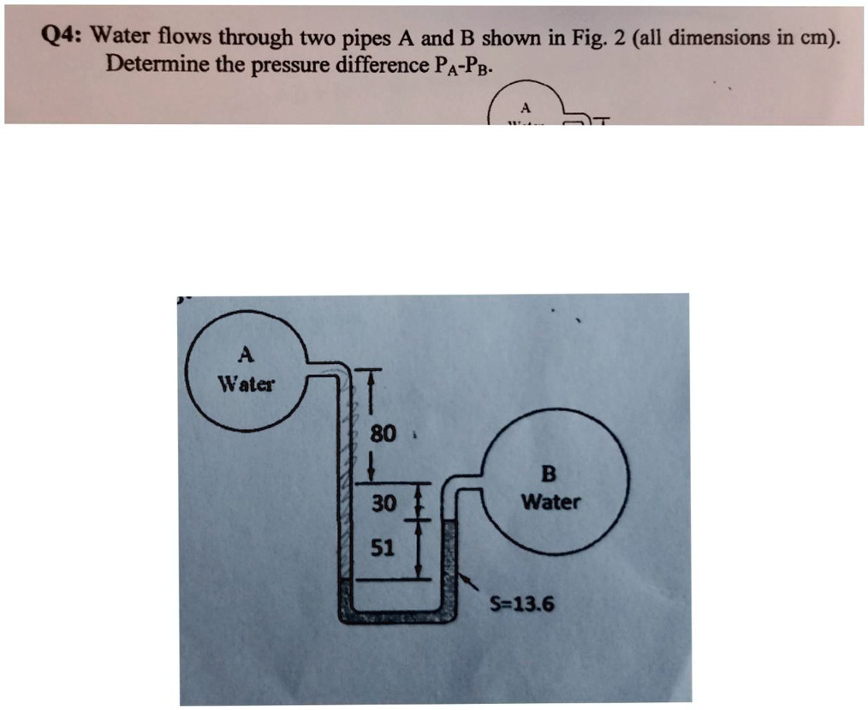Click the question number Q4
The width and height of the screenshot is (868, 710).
click(63, 37)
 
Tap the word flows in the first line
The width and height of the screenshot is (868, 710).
click(181, 37)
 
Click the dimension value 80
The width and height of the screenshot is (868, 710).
click(382, 434)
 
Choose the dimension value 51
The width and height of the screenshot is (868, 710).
click(383, 549)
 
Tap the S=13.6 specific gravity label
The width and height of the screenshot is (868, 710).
click(521, 606)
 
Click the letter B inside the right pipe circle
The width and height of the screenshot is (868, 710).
click(550, 474)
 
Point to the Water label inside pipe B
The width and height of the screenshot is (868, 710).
click(550, 502)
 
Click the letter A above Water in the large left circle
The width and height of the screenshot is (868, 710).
click(245, 354)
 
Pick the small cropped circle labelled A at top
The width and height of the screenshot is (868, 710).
click(526, 108)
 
